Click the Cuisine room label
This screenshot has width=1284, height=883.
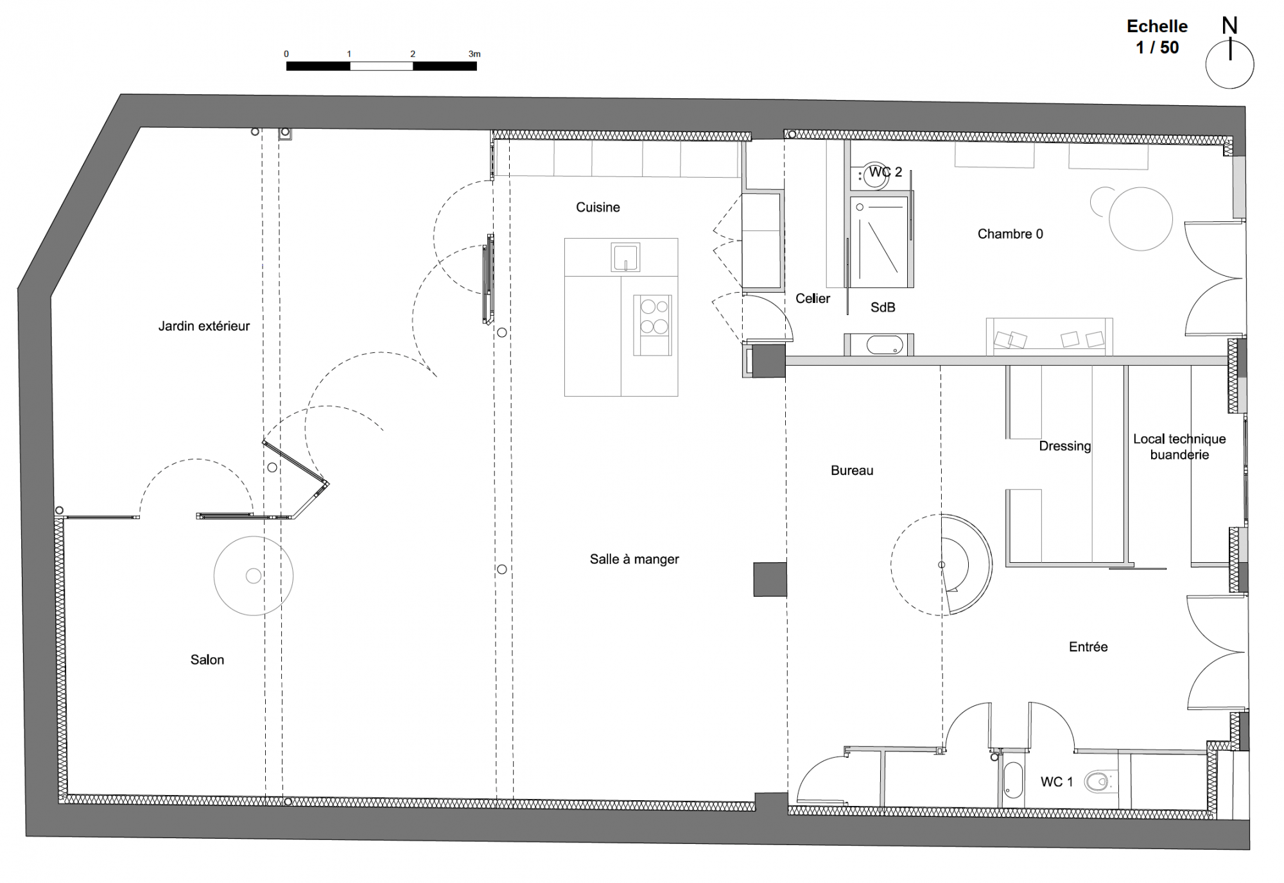pos(598,207)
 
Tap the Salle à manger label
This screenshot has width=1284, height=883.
pos(634,560)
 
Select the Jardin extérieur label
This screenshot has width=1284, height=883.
pos(204,326)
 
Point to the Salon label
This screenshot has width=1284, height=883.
pos(207,660)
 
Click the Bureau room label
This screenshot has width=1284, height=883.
pos(852,470)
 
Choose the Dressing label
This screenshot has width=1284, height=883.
pos(1065,446)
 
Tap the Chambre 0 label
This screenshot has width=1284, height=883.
pos(1011,234)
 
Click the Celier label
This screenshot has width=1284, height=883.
pos(813,298)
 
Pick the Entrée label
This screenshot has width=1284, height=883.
pos(1088,647)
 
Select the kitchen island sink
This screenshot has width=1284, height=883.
pos(625,257)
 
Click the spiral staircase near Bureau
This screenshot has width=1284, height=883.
pos(942,565)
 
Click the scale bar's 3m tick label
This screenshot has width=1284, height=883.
pos(474,54)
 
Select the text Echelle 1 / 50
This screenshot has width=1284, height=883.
pos(1157,37)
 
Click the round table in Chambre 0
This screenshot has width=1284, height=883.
pos(1141,219)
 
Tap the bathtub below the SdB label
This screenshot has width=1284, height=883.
pos(884,345)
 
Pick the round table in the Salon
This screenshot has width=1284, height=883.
pos(254,576)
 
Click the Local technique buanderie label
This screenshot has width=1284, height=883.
pos(1179,447)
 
